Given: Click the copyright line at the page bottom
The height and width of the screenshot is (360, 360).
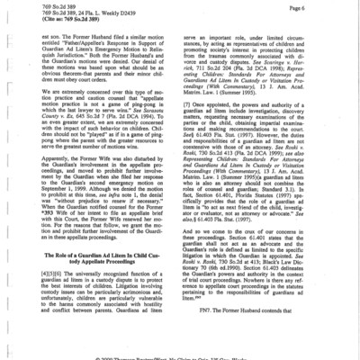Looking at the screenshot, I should pyautogui.click(x=180, y=356).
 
